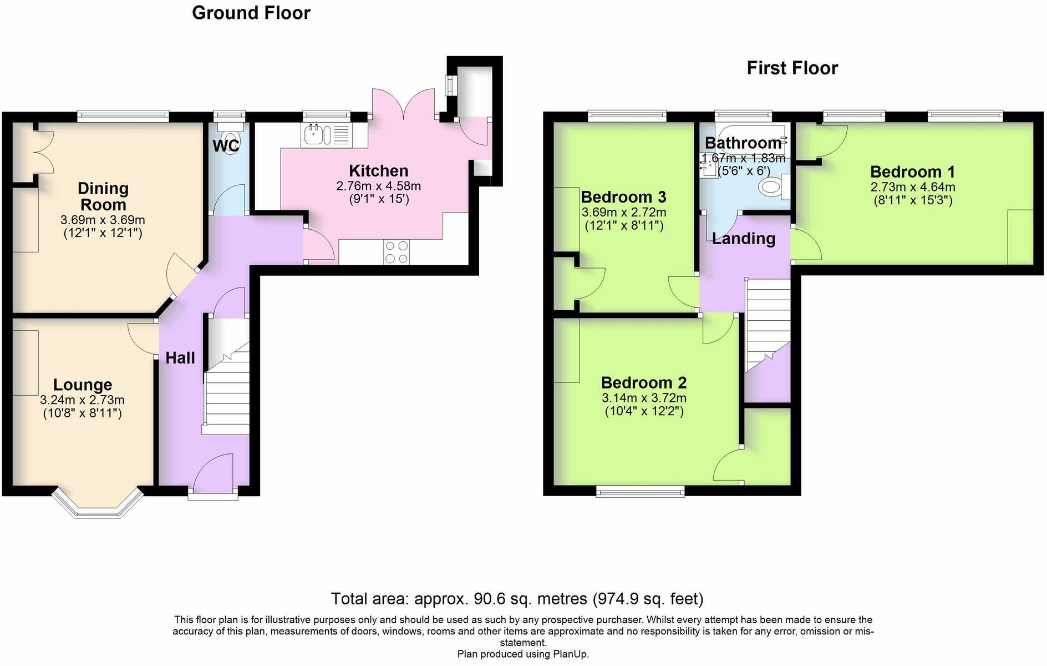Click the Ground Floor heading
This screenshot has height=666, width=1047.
(251, 13)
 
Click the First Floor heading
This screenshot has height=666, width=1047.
(792, 68)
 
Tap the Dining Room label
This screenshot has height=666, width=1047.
(103, 196)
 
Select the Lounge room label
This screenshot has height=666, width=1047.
(83, 385)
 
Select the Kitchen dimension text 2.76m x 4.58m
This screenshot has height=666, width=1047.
(379, 186)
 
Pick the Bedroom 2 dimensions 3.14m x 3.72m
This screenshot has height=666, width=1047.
(644, 398)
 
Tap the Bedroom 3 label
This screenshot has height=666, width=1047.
(623, 197)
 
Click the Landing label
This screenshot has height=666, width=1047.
(744, 239)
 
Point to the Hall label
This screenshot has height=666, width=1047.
(180, 358)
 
